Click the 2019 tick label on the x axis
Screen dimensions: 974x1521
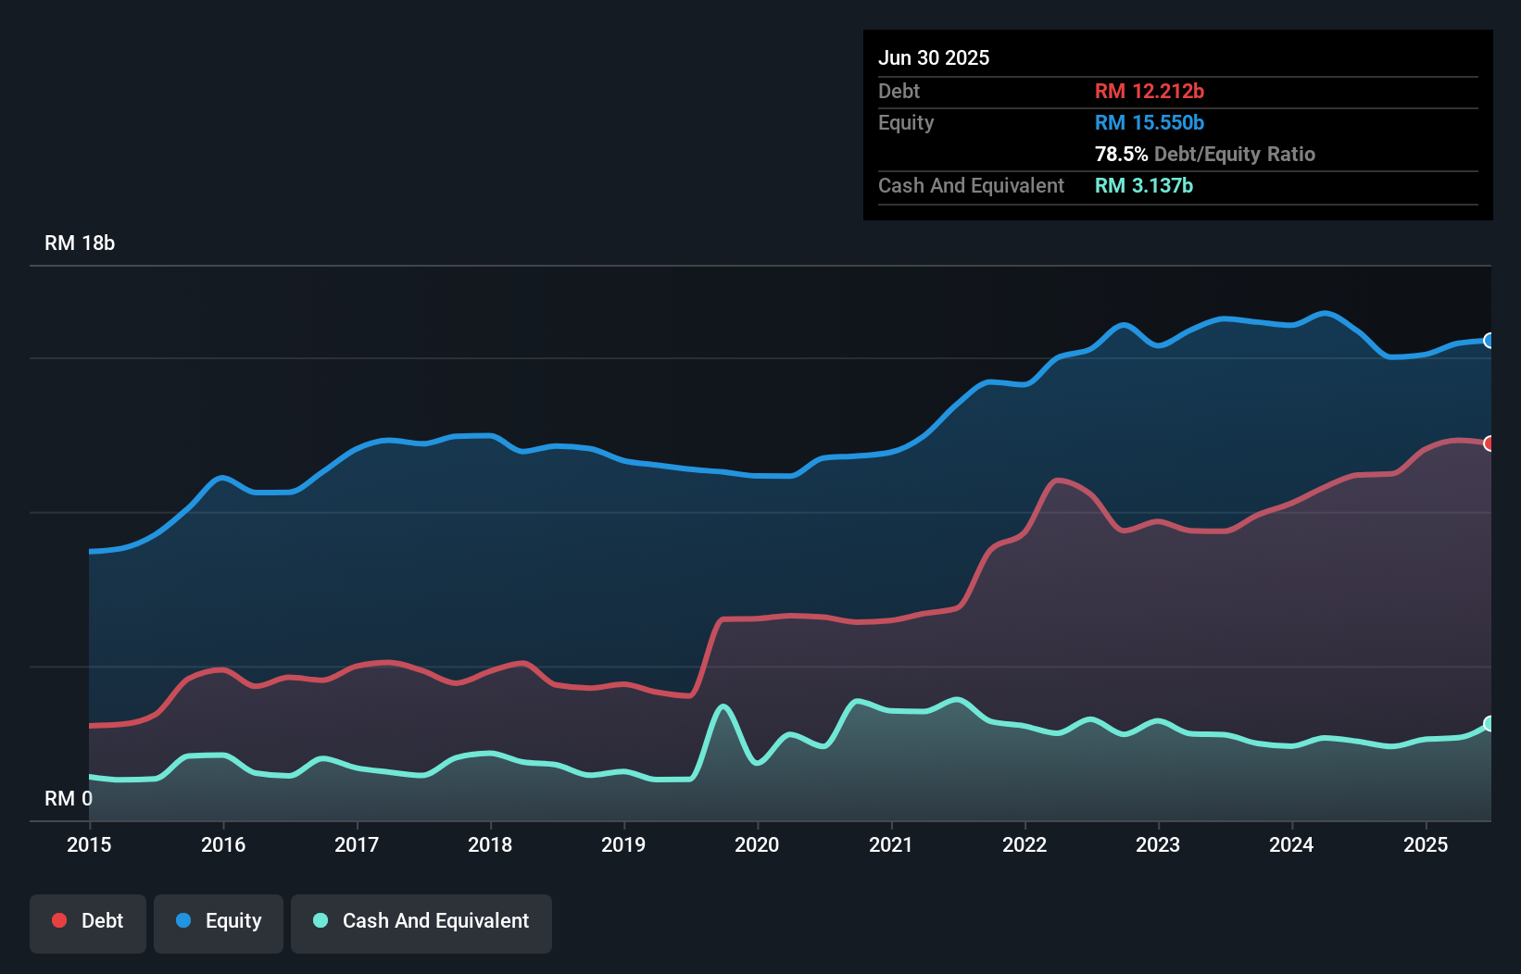tap(623, 844)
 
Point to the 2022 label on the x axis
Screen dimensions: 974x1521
tap(1024, 844)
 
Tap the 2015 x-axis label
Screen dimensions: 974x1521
tap(89, 844)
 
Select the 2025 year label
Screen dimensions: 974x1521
tap(1426, 844)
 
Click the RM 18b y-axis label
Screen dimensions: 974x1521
tap(80, 243)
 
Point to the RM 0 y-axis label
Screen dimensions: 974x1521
tap(69, 798)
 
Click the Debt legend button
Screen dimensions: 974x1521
tap(88, 921)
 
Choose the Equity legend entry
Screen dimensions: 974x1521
tap(219, 921)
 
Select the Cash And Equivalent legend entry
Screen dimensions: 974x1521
tap(421, 921)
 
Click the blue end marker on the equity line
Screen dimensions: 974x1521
tap(1489, 341)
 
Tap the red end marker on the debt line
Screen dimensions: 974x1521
tap(1489, 443)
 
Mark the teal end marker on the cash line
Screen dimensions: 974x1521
tap(1489, 723)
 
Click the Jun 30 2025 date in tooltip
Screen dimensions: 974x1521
tap(934, 57)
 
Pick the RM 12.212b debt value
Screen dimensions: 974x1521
tap(1149, 91)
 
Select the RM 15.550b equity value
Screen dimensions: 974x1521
tap(1149, 122)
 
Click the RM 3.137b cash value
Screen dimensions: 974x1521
tap(1143, 185)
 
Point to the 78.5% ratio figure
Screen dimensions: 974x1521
tap(1121, 154)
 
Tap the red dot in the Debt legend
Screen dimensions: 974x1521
tap(59, 920)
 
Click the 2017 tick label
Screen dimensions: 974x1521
tap(357, 844)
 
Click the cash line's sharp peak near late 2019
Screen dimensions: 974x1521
tap(724, 706)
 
